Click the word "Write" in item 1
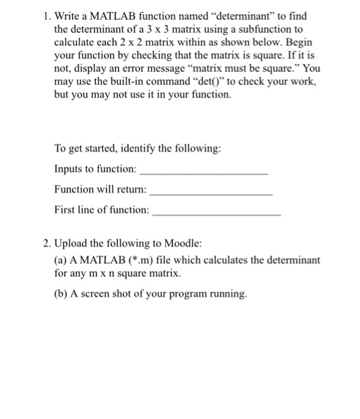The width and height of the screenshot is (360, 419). click(x=68, y=17)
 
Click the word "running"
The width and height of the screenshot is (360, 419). click(x=226, y=294)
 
